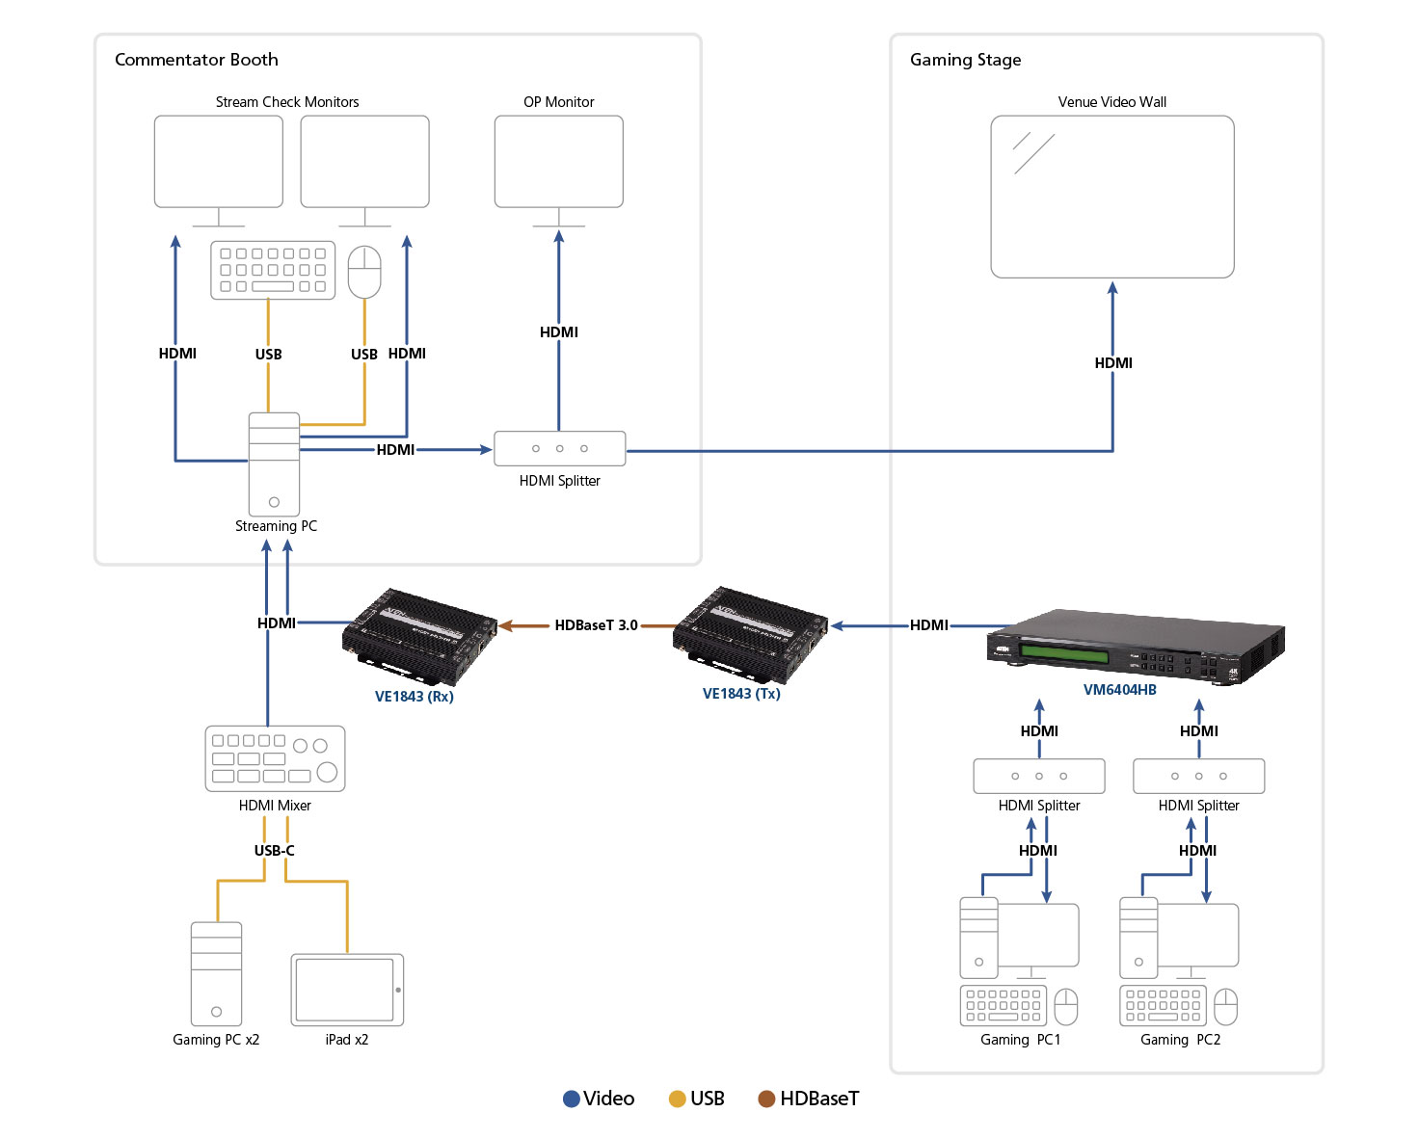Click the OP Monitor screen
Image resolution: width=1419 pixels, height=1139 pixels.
[558, 161]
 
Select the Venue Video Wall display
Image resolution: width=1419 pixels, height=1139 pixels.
[1111, 197]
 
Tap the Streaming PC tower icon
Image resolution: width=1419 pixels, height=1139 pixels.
[274, 464]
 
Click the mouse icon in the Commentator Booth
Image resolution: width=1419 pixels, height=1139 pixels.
[364, 271]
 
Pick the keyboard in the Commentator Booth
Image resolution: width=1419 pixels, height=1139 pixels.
[273, 270]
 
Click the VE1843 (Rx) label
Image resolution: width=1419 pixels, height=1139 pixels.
[414, 696]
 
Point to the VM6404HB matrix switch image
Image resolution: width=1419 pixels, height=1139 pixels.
[1136, 646]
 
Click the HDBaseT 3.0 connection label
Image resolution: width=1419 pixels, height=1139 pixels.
[596, 625]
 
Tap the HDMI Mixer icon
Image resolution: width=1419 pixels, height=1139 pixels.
[275, 758]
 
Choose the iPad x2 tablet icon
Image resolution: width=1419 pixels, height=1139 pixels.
[347, 990]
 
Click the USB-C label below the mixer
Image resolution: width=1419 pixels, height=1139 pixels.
[274, 850]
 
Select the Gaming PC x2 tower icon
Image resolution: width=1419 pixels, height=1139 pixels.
[216, 973]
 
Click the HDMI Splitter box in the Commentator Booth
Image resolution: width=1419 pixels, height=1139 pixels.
[559, 448]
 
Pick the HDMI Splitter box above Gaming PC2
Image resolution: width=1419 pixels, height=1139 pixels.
[1198, 776]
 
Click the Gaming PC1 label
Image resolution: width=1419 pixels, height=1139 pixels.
[1020, 1040]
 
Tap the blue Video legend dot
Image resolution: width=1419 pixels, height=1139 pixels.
[571, 1099]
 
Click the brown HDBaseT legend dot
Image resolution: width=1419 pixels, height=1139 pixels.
[766, 1099]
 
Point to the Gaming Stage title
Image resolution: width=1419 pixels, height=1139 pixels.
[965, 60]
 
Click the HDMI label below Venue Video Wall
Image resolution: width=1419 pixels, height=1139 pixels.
[1112, 363]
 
